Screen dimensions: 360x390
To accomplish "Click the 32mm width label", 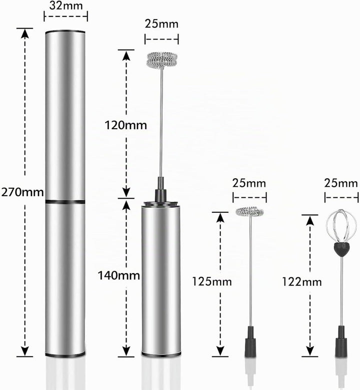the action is coord(65,6).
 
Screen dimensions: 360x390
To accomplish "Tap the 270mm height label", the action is coord(22,192).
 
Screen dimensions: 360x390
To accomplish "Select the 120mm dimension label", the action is coord(125,125).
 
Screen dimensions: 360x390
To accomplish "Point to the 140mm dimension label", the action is coord(119,275).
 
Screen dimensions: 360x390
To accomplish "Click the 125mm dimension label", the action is coord(212,281).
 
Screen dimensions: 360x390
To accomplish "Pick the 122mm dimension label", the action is coord(302,282).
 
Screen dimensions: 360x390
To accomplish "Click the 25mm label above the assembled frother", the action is coord(161,24).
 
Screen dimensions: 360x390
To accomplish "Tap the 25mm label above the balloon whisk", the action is coord(341,183).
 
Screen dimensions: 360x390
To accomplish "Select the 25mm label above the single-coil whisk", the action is coord(249,183).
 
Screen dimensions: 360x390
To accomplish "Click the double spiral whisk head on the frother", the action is coord(162,60).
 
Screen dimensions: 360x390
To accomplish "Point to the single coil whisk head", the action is coord(249,212).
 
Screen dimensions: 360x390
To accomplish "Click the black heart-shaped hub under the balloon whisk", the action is coord(341,249).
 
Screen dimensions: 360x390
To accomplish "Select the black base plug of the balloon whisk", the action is coord(341,341).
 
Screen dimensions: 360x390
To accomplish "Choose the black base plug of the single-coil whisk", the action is coord(250,341).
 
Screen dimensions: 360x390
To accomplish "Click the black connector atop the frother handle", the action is coord(160,190).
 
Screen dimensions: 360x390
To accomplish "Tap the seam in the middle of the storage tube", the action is coord(65,201).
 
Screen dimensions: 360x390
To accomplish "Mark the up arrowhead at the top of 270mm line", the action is coord(24,33).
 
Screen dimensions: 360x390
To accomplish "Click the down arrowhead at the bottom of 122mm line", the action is coord(309,351).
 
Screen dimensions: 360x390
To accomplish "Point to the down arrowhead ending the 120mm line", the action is coord(126,193).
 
